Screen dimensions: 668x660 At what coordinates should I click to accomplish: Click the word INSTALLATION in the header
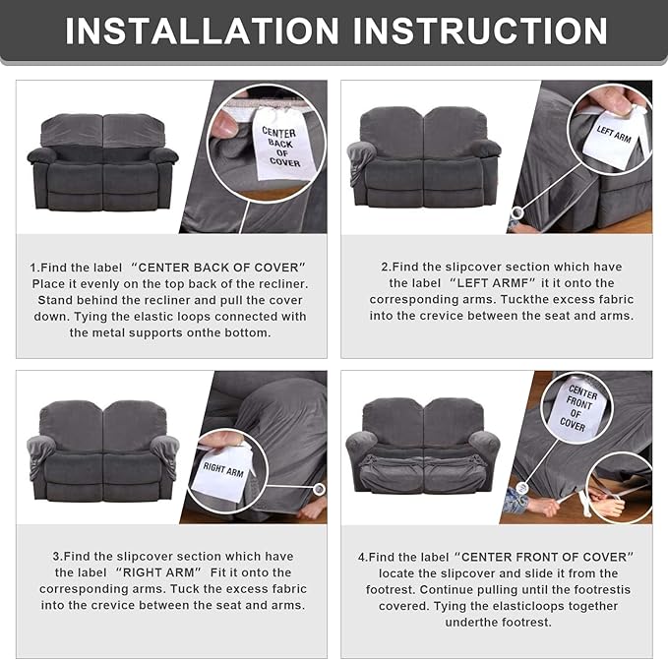coord(202,30)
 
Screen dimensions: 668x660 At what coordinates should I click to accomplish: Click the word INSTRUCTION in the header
coord(480,30)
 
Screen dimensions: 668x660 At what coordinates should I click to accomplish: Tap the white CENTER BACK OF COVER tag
coord(280,144)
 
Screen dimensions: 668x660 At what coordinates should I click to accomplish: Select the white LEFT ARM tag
coord(614,137)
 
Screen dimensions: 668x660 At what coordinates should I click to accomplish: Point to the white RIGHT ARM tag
coord(222,470)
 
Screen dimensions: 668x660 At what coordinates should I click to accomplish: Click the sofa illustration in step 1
coord(102,162)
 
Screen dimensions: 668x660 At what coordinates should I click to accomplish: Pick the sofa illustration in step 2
coord(424,156)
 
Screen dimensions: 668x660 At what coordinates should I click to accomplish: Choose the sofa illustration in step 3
coord(102,450)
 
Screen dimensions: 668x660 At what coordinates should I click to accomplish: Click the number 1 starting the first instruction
coord(32,268)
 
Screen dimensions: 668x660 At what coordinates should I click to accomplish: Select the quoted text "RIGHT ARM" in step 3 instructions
coord(158,572)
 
